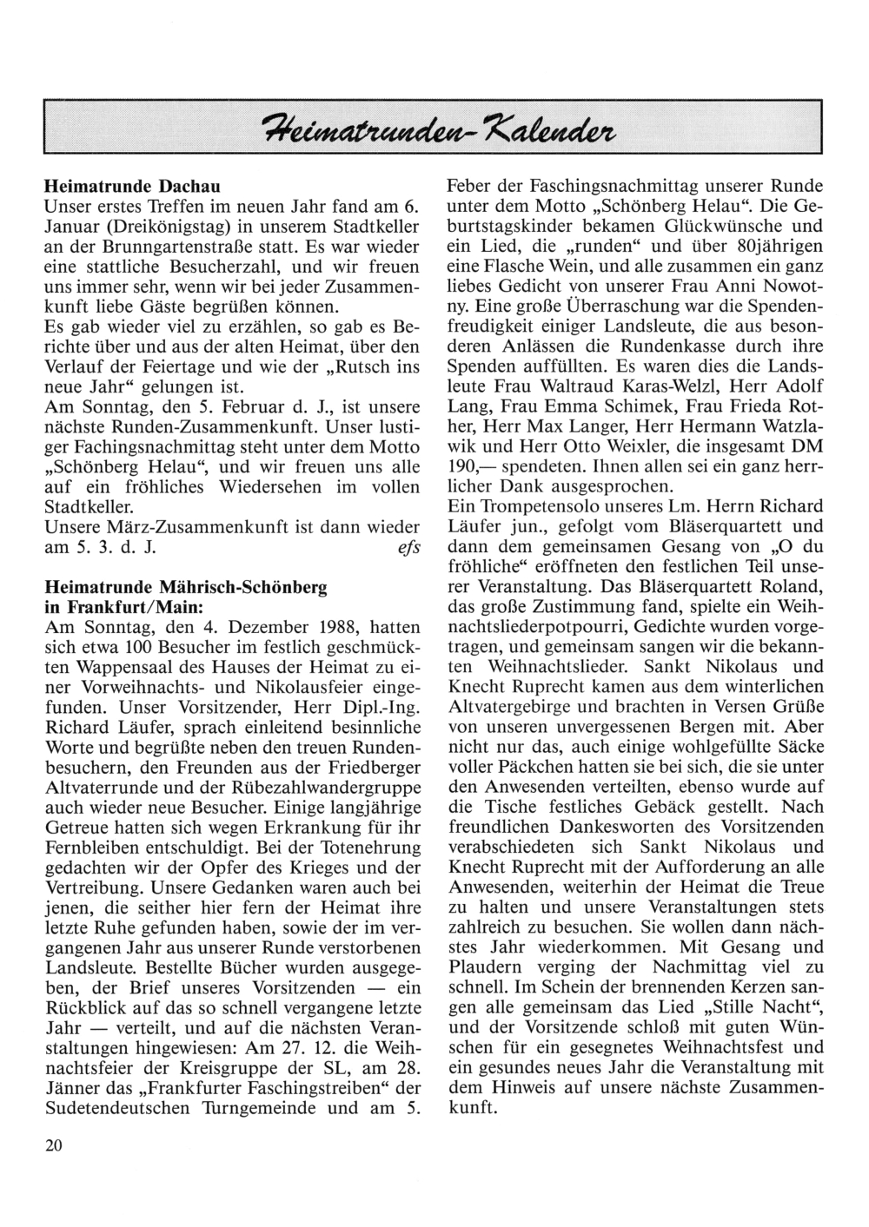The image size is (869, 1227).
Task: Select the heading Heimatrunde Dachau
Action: click(132, 187)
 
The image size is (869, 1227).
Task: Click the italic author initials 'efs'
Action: click(409, 548)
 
